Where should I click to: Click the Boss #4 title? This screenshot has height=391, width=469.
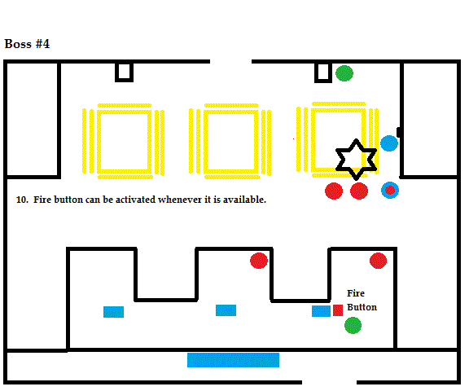pos(27,44)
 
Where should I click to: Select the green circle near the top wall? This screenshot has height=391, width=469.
pos(344,73)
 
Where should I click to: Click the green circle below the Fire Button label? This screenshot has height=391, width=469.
pos(353,326)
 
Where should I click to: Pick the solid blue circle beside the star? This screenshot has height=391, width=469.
pos(389,143)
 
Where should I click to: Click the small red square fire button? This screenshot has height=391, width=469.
pos(338,310)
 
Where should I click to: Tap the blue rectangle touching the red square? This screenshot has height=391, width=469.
pos(321,311)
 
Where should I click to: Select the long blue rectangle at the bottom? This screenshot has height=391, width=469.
pos(234,360)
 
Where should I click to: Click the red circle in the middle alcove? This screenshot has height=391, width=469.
pos(259,261)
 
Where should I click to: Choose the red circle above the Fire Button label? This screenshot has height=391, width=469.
pos(378,261)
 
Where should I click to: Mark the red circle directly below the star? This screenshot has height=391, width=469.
pos(359,191)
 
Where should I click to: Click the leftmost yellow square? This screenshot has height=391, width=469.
pos(99,141)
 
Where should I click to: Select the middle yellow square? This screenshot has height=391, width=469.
pos(206,141)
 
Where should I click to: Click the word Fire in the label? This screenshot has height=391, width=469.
pos(356,293)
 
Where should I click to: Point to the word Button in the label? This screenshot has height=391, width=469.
pos(362,307)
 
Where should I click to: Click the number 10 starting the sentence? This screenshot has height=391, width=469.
pos(22,200)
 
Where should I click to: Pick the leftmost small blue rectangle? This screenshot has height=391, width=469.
pos(114,312)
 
